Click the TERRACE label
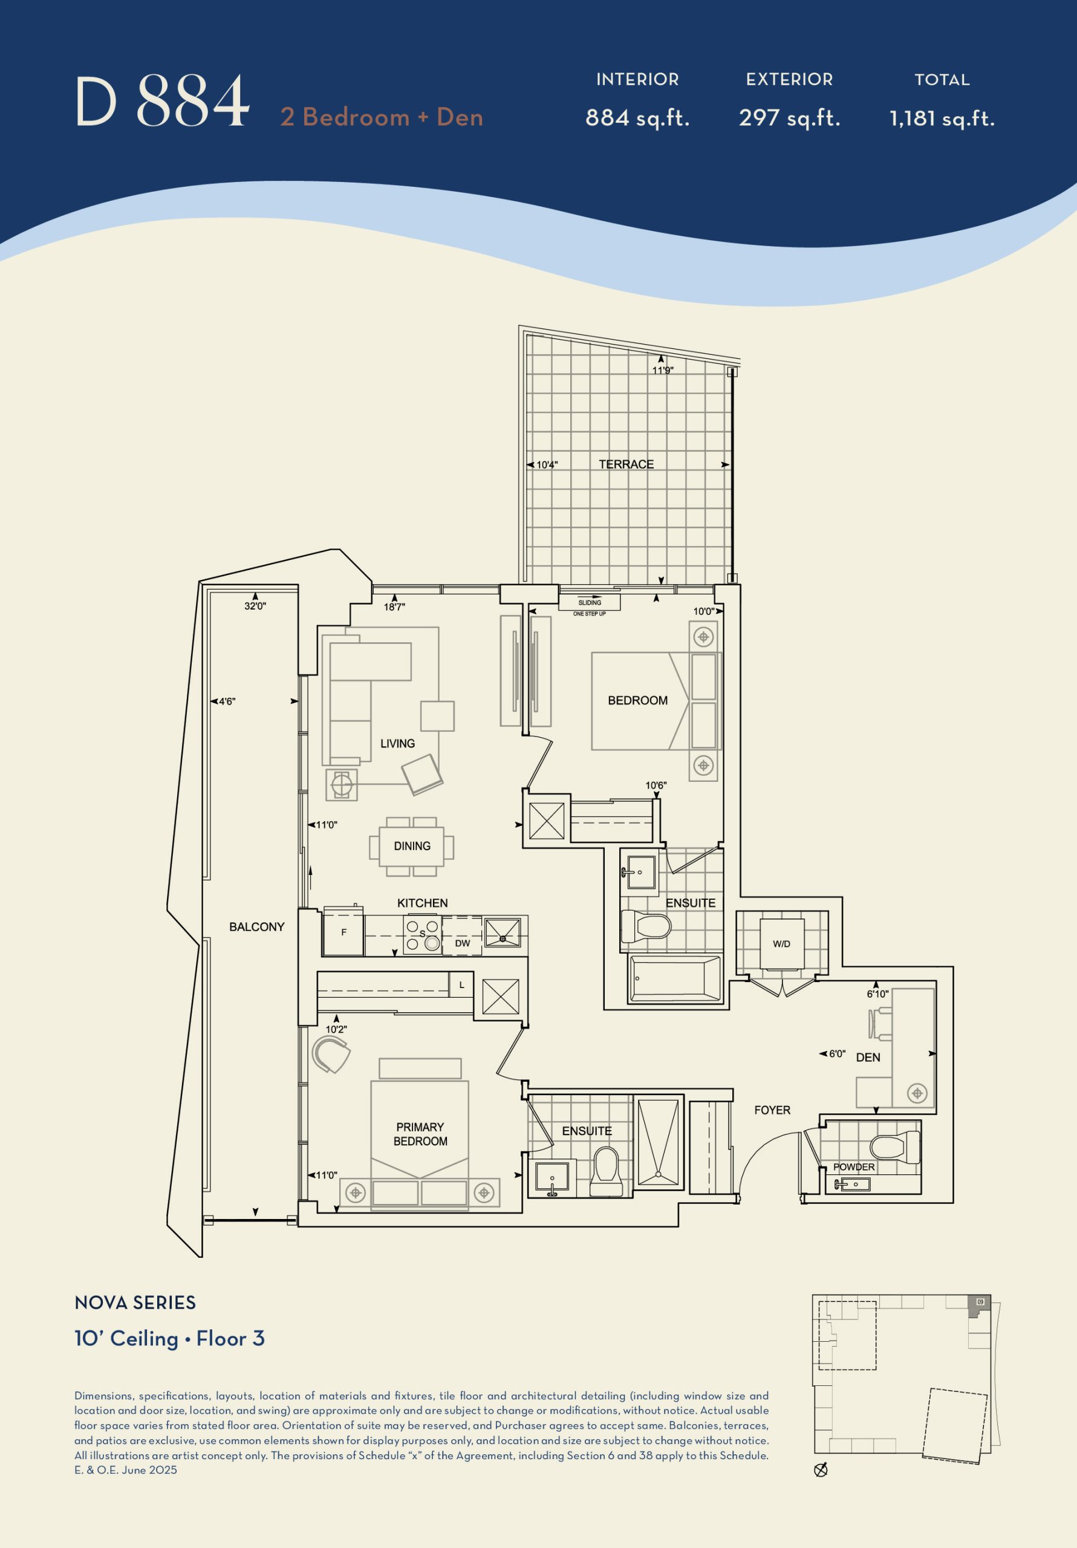[x=626, y=464]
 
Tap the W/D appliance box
[x=782, y=944]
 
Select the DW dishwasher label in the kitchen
[x=463, y=943]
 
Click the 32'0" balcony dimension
[x=255, y=606]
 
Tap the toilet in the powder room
[x=894, y=1148]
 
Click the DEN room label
[x=868, y=1057]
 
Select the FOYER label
[x=772, y=1110]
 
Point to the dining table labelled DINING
[x=411, y=846]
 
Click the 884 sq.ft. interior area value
[x=637, y=118]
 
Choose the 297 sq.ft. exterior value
[x=789, y=118]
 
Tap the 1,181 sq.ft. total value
[x=942, y=119]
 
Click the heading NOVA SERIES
[x=135, y=1302]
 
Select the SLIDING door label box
[x=590, y=603]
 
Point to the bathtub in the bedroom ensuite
[x=675, y=978]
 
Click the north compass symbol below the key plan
[x=821, y=1471]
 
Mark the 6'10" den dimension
[x=877, y=994]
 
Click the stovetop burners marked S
[x=422, y=934]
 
